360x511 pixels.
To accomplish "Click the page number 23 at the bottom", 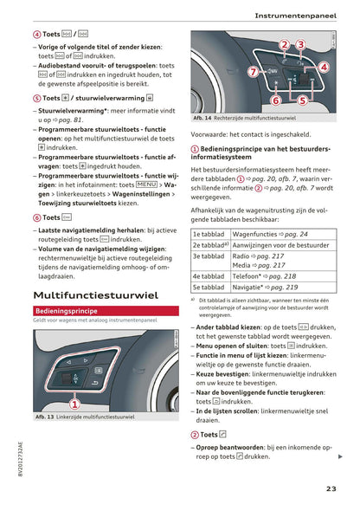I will (331, 488).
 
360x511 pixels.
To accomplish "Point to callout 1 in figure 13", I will (74, 403).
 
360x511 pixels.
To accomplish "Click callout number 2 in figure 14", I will (285, 44).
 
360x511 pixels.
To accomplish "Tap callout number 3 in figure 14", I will (300, 44).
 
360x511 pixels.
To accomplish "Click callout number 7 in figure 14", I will (253, 72).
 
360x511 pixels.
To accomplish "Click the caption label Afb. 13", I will (46, 417).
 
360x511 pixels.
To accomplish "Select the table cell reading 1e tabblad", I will (209, 234).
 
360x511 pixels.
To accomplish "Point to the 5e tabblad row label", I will (209, 287).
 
